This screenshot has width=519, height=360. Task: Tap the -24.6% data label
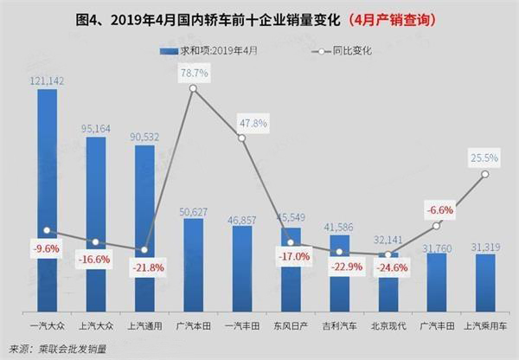(388, 267)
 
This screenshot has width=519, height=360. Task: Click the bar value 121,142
(47, 80)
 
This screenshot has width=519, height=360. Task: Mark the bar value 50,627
(193, 209)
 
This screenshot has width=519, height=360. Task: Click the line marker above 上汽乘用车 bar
(485, 174)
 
